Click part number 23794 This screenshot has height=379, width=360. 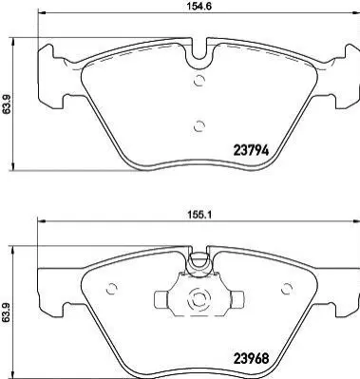(251, 150)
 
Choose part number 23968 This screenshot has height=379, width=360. (251, 358)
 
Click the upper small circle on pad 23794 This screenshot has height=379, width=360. (199, 81)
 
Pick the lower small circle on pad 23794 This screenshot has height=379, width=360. (199, 126)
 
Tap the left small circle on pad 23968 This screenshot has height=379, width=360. (111, 288)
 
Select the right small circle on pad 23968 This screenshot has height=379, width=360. (287, 288)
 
